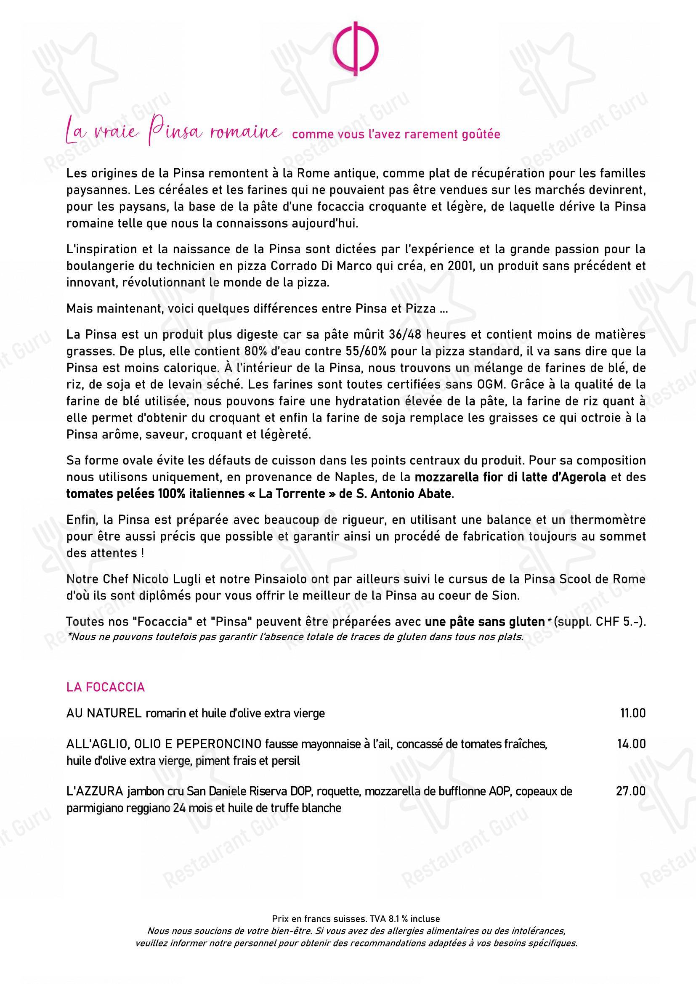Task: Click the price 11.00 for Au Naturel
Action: coord(632,713)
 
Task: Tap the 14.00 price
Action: coord(631,744)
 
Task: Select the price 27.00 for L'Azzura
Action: coord(631,791)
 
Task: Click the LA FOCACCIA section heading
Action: coord(106,687)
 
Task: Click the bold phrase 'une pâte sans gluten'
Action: coord(484,621)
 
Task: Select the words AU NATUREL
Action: coord(104,713)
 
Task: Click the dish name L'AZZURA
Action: coord(94,791)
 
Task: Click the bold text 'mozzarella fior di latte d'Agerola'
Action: coord(510,477)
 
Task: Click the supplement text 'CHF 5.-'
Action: coord(619,621)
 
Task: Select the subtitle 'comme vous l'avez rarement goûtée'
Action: coord(396,135)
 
